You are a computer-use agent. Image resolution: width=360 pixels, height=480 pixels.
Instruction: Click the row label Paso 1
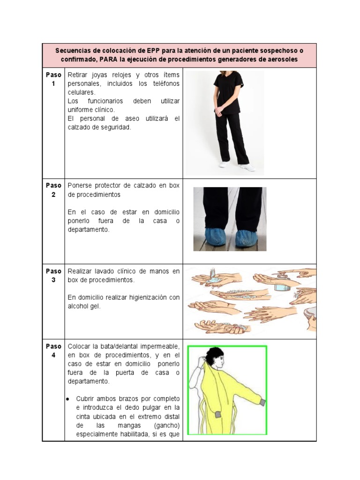pos(53,79)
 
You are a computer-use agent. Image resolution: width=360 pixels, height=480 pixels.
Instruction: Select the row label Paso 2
pos(53,189)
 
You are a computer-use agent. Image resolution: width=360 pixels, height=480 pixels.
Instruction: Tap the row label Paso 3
pos(53,275)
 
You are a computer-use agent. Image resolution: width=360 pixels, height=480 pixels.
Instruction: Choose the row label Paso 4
pos(53,350)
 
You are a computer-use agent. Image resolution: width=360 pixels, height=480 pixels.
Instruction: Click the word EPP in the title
pos(153,51)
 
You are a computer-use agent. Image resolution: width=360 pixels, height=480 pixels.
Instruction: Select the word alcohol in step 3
pos(80,306)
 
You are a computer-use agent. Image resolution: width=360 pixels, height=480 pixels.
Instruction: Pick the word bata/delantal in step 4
pos(111,346)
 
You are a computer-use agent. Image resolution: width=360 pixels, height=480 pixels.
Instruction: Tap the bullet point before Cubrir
pos(68,399)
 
